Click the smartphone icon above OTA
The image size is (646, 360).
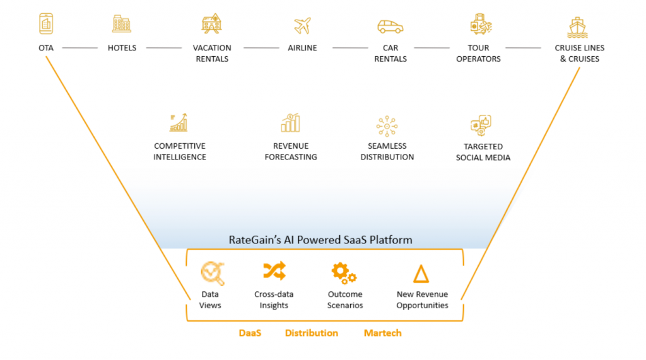[x=46, y=25]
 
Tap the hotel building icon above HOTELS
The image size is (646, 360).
[x=122, y=24]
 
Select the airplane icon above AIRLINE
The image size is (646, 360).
[x=302, y=25]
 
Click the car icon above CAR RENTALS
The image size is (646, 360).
[x=391, y=26]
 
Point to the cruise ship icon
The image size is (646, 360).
[x=577, y=26]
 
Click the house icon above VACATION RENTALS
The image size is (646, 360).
[x=211, y=24]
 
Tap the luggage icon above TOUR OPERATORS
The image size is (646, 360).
[x=481, y=25]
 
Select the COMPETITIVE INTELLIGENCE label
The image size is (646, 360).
[x=180, y=151]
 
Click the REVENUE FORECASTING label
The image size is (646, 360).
[x=291, y=151]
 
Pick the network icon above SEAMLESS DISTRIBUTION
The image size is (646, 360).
[x=387, y=125]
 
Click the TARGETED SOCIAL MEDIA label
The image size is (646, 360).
[x=483, y=152]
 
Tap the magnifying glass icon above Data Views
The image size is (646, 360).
[x=212, y=273]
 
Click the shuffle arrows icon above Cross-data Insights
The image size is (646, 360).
[x=274, y=271]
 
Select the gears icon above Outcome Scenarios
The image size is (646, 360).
[x=344, y=272]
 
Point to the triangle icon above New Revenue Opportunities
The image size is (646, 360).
[x=421, y=274]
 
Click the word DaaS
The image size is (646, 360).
[x=250, y=333]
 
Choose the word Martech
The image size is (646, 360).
[x=382, y=333]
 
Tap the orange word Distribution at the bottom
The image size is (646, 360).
[x=311, y=333]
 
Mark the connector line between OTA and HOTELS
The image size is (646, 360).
[x=80, y=48]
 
